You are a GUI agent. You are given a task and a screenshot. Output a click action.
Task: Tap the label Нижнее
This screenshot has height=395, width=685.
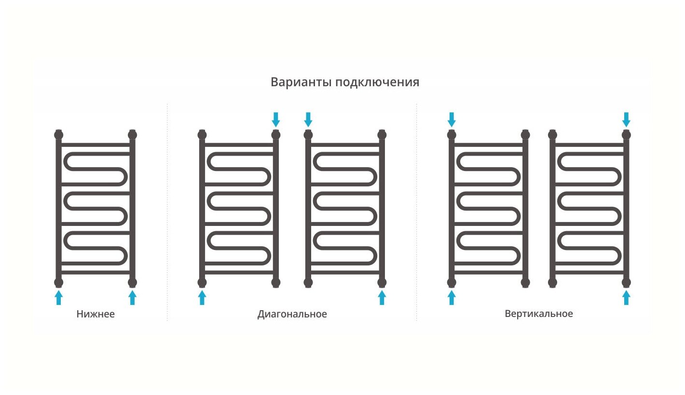coord(96,315)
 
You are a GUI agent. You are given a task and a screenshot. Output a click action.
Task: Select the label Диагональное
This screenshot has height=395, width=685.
coord(292,315)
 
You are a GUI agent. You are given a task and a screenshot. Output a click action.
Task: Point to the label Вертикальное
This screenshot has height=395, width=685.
coord(539,314)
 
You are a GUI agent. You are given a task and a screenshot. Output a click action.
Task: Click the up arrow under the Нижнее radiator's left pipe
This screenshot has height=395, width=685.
coord(59,297)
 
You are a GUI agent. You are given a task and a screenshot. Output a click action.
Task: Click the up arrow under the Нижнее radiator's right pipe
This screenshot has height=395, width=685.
coord(133,297)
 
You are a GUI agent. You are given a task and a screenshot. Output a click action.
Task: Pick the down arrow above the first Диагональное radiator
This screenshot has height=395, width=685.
coord(275,119)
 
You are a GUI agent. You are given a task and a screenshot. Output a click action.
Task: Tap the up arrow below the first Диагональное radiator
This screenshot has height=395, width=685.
coord(202,297)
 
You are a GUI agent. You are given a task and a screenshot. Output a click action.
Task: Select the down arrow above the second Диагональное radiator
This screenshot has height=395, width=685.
coord(308,119)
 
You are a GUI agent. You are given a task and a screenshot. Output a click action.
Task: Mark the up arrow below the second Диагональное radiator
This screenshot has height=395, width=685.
coord(382,297)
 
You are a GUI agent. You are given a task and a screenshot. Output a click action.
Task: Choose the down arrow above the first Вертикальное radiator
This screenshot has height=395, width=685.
coord(452,119)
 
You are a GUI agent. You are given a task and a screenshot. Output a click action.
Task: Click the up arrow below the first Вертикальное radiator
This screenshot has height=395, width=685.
coord(452,297)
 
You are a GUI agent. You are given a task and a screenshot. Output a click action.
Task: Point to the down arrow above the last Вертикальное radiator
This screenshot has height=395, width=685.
coord(626,119)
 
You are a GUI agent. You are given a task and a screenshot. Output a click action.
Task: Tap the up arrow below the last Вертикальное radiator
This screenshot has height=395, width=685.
coord(626,297)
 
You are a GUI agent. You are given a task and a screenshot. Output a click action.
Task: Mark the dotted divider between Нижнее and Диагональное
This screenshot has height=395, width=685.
coord(167,212)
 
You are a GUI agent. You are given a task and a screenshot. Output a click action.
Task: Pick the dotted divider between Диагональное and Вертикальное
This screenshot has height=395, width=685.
coord(417,212)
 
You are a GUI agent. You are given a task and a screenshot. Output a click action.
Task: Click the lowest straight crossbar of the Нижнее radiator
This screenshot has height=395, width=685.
coord(96,273)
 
